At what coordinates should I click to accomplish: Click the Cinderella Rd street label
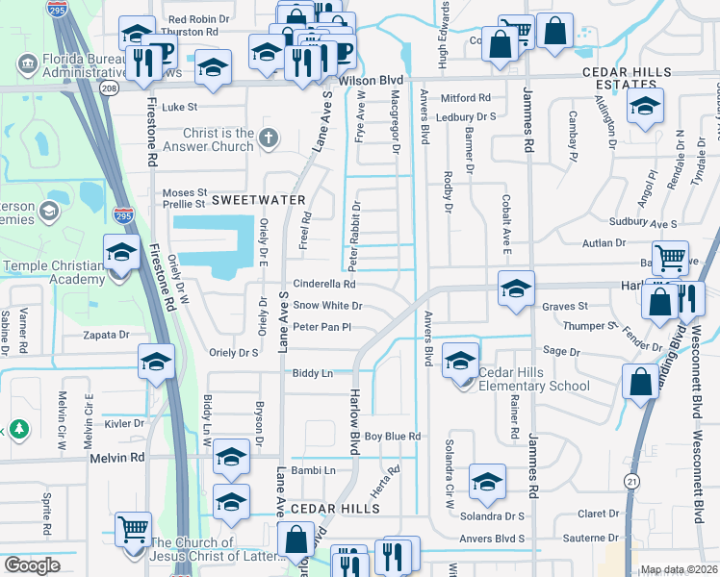click(324, 285)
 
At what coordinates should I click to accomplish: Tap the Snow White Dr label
click(327, 306)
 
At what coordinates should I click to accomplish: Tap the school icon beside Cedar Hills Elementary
click(460, 362)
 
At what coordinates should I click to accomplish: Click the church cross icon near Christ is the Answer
click(269, 139)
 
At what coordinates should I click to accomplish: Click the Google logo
click(31, 565)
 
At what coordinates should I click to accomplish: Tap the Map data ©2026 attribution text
click(680, 569)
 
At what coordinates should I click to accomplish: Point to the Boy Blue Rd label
click(393, 437)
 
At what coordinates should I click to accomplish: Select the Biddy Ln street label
click(312, 373)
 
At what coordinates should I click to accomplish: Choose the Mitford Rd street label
click(466, 98)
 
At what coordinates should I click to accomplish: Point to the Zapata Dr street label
click(105, 335)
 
